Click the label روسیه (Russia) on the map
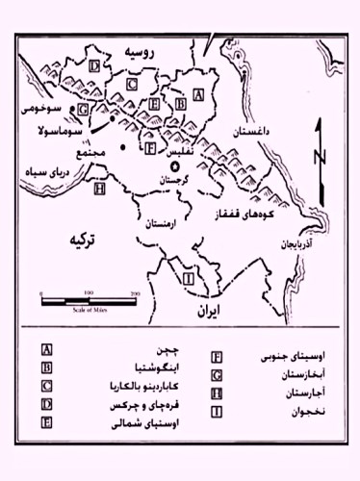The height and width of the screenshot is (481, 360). [x=141, y=57]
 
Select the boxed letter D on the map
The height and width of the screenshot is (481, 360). [x=93, y=65]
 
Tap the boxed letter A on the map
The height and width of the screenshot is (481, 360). [x=198, y=94]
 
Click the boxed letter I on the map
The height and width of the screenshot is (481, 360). [x=189, y=278]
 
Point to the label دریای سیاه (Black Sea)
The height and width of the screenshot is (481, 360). [x=44, y=179]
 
